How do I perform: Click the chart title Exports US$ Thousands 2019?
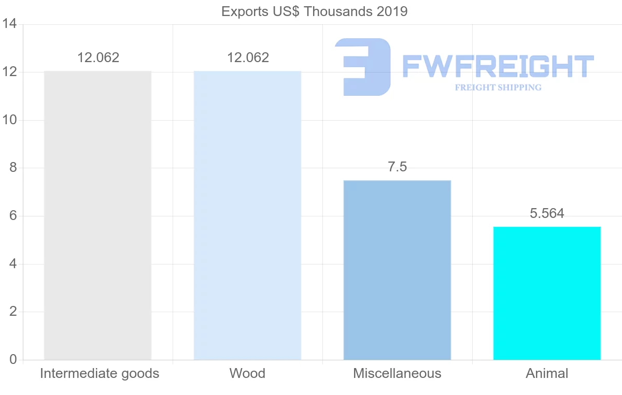[x=314, y=11]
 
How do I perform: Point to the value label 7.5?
[x=397, y=167]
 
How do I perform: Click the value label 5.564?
[x=547, y=213]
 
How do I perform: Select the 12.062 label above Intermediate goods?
[x=98, y=57]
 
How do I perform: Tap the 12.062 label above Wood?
[x=248, y=57]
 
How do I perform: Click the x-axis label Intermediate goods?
[x=100, y=373]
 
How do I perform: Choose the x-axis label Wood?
[x=247, y=373]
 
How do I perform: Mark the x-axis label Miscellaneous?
[x=397, y=373]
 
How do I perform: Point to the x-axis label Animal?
[x=547, y=373]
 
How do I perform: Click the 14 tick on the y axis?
[x=9, y=24]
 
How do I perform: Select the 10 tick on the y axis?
[x=9, y=120]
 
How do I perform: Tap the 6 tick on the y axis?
[x=12, y=216]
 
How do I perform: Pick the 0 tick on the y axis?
[x=12, y=360]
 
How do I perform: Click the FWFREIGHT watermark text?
[x=498, y=67]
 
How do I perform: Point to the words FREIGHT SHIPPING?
[x=498, y=87]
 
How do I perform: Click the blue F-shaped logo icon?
[x=362, y=67]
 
